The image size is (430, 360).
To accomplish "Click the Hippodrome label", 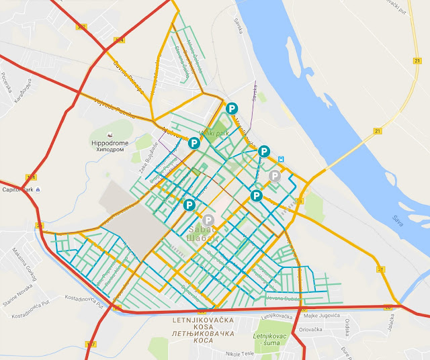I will pyautogui.click(x=108, y=143).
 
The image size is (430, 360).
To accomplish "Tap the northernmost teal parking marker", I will pyautogui.click(x=232, y=108).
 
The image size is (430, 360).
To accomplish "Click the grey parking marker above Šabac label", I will pyautogui.click(x=208, y=220).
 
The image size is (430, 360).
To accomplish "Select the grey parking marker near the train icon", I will pyautogui.click(x=274, y=176).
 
